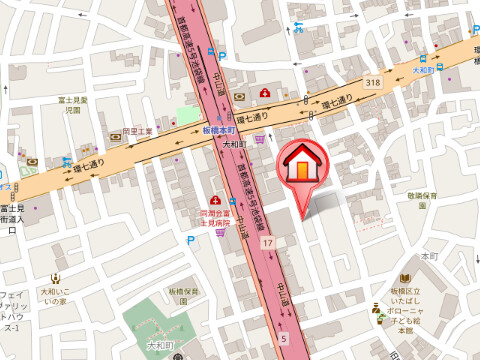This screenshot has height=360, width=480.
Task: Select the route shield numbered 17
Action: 268,244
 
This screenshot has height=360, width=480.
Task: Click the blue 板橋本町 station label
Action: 217,131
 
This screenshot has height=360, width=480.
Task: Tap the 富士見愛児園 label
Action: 73,105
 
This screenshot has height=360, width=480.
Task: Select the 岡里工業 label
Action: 137,131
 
